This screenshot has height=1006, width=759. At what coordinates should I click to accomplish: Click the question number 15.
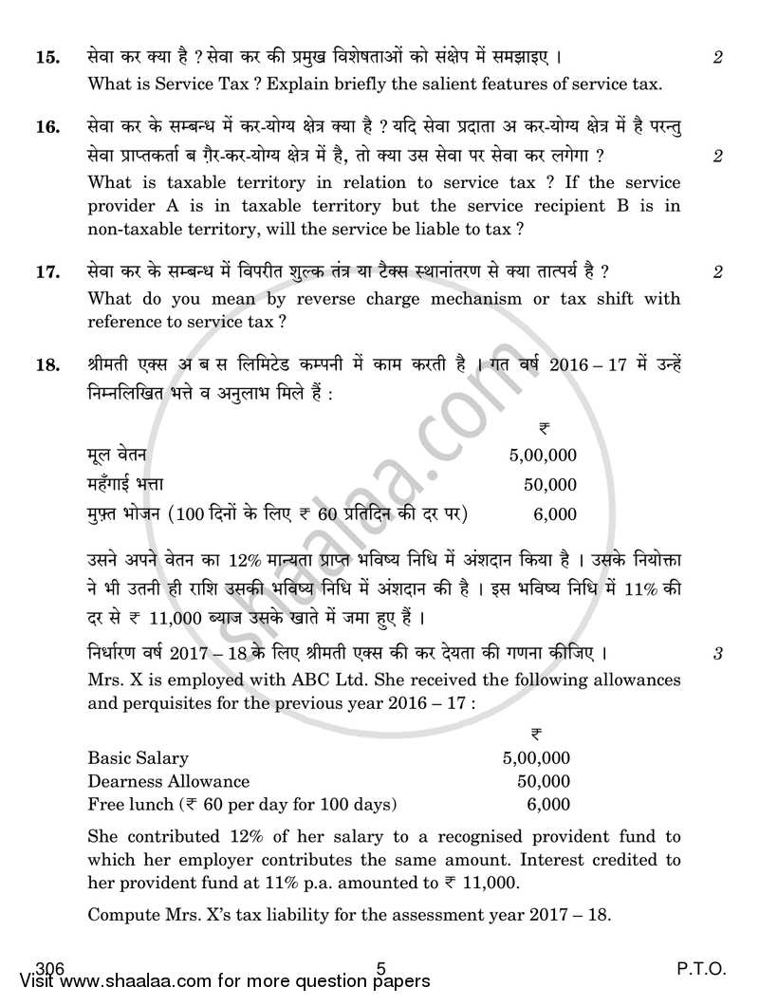coord(47,58)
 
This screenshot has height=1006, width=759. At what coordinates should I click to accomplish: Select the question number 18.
coord(47,365)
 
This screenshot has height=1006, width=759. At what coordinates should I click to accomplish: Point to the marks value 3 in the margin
coord(718,654)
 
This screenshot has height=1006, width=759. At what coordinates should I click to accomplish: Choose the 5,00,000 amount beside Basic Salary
coord(536,758)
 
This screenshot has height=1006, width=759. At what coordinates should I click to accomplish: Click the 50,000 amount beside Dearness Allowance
coord(546,782)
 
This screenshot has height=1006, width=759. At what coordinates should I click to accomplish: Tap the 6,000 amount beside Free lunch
coord(549,805)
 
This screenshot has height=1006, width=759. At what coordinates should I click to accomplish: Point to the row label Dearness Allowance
coord(169,782)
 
